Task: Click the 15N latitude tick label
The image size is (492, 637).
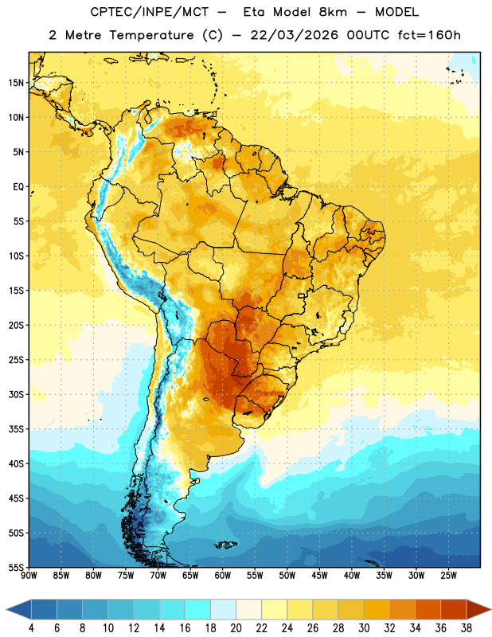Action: point(16,83)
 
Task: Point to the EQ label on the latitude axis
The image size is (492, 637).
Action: point(18,187)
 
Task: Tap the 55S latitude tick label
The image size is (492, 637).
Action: point(16,567)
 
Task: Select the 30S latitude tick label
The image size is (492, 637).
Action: point(16,394)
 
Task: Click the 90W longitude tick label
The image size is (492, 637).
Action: point(29,575)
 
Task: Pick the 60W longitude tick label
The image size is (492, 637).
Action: point(223,575)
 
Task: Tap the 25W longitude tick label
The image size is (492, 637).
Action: point(448,575)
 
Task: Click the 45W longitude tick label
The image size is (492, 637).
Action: point(319,575)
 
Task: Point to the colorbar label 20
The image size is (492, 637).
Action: point(236,628)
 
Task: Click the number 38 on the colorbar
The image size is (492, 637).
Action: point(467,628)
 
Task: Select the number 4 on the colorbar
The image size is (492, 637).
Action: point(31,628)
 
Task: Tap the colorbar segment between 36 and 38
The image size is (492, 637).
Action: point(454,609)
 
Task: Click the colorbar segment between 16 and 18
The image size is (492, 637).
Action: point(197,609)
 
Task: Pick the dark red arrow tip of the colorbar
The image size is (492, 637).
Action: point(479,609)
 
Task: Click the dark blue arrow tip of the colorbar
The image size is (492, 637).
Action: point(18,609)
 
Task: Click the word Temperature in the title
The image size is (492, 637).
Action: point(151,35)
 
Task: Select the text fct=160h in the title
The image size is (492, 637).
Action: point(429,35)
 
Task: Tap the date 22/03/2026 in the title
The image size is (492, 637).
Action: point(294,35)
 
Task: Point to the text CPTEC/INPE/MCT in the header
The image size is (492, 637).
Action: point(149,12)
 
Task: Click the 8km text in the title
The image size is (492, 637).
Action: point(333,12)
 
